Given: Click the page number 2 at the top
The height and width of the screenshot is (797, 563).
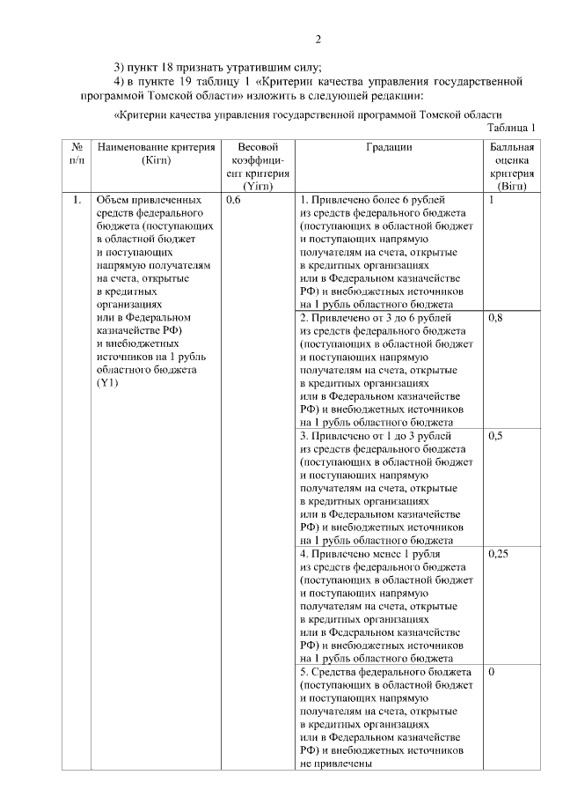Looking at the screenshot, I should (x=319, y=39).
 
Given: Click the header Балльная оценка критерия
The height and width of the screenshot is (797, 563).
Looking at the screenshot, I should (x=511, y=167).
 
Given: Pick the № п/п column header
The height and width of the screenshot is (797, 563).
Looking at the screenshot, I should (x=77, y=154).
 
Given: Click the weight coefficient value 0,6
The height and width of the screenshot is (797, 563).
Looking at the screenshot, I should (x=233, y=201).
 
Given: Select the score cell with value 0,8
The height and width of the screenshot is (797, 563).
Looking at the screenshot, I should (x=495, y=318).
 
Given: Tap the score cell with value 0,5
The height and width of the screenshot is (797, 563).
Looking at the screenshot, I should (x=495, y=436).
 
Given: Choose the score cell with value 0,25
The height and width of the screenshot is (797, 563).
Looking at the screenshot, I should (x=498, y=554).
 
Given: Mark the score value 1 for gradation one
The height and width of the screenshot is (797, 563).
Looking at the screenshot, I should (x=492, y=201).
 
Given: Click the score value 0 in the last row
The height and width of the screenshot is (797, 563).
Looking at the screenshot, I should (x=492, y=672).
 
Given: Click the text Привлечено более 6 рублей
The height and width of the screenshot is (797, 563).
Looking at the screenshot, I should (x=372, y=201).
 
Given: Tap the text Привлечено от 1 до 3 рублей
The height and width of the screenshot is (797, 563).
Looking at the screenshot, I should (x=377, y=436).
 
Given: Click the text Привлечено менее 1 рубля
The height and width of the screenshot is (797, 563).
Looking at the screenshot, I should (x=370, y=554).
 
